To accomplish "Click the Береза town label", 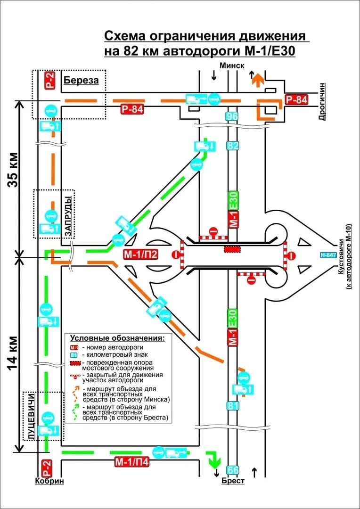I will point(81,80).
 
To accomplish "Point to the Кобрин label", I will point(49,481).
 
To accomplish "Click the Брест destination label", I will point(233,481).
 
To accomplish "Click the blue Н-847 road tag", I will point(329,255).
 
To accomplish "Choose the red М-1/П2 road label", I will point(140,255).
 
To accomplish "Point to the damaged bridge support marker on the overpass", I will point(231,248).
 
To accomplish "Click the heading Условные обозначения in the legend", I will point(117,338).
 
